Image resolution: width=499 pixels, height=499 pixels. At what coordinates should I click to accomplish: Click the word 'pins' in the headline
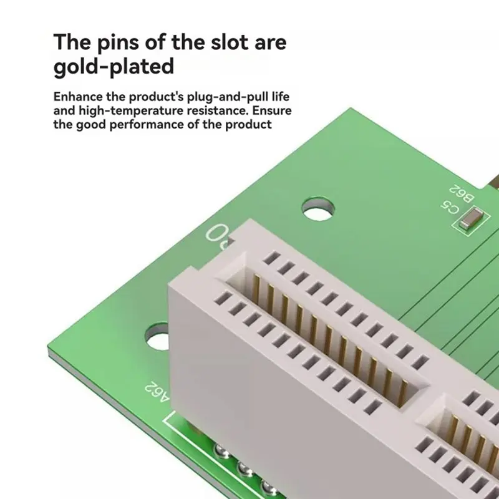coord(118,43)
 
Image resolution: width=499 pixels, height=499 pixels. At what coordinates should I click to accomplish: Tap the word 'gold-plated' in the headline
coord(114,67)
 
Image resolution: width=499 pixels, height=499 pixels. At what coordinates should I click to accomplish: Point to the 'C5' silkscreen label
coord(450,208)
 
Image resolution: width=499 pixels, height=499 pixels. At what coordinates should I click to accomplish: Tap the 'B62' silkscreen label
coord(462,193)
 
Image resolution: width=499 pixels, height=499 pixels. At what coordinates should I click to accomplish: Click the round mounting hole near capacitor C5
coord(318,209)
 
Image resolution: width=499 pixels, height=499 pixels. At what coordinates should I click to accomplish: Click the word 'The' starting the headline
coord(72,42)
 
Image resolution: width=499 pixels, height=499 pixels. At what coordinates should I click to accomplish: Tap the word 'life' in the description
coord(280,97)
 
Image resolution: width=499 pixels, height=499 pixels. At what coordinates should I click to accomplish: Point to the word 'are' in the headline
coord(270,43)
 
